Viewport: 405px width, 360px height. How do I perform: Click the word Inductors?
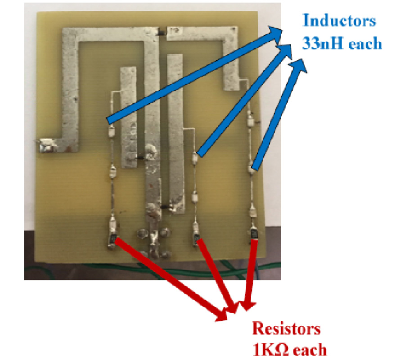pos(339,21)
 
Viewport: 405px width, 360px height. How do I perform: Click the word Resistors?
pos(286,328)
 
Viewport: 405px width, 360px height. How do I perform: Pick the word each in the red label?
pos(308,349)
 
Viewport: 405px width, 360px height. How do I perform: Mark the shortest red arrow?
pos(250,274)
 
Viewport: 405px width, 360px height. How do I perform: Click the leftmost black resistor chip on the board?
pos(112,238)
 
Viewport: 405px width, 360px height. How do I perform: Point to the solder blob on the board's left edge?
pos(46,145)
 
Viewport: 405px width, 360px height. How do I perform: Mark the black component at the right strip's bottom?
pos(166,207)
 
